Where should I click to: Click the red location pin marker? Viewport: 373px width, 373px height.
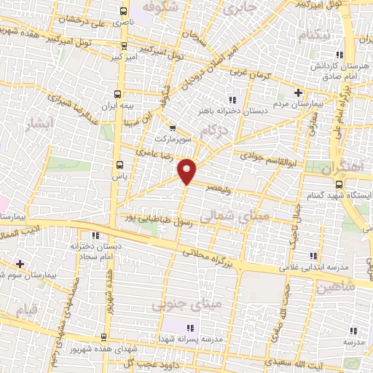point(188,171)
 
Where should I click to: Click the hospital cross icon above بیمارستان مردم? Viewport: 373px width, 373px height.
point(297,93)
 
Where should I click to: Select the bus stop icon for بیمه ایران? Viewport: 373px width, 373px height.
point(118,93)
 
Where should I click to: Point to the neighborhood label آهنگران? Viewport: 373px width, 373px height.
point(347,166)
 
